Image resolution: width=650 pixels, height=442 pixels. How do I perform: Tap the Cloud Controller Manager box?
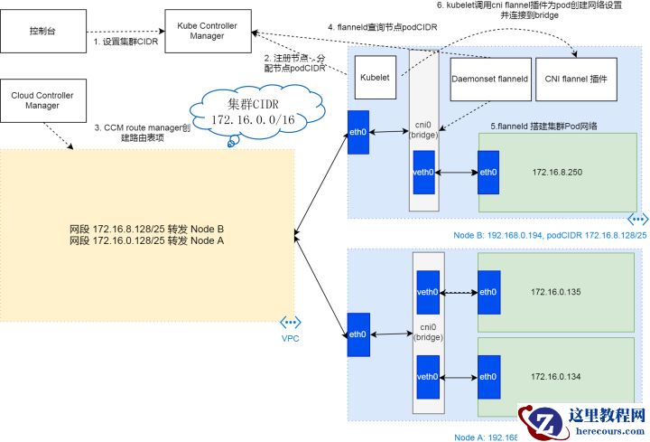[x=42, y=99]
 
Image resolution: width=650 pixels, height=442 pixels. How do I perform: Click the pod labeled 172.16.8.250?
[x=554, y=171]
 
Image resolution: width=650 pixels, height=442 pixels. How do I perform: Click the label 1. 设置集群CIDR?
[x=125, y=42]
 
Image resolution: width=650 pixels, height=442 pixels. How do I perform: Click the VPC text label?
[x=290, y=338]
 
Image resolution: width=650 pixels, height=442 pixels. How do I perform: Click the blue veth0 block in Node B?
[x=423, y=172]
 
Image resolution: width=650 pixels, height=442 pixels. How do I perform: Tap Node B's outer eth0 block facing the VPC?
[x=358, y=133]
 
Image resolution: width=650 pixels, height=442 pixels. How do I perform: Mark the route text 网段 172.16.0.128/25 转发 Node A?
[x=147, y=241]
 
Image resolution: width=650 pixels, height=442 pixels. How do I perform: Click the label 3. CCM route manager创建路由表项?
[x=143, y=133]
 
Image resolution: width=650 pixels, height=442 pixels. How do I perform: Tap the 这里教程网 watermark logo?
[x=582, y=421]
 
